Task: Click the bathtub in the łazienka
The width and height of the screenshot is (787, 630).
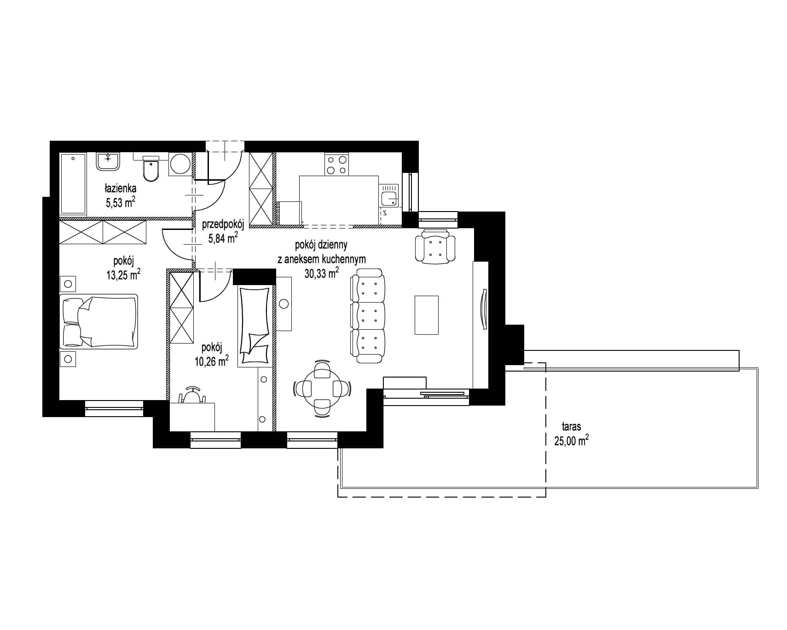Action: pyautogui.click(x=73, y=183)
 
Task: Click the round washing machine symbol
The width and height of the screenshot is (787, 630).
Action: pyautogui.click(x=180, y=164)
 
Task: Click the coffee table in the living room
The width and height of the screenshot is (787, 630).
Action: pyautogui.click(x=426, y=315)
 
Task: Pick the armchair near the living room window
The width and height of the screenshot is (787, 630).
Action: pyautogui.click(x=435, y=247)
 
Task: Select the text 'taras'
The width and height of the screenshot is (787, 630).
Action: pyautogui.click(x=571, y=426)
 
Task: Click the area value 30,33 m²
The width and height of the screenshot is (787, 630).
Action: pyautogui.click(x=322, y=273)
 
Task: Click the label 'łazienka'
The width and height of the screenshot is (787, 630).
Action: pyautogui.click(x=121, y=188)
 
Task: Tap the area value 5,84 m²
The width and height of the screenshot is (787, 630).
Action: pyautogui.click(x=223, y=237)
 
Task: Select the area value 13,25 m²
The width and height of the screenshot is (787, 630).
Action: pyautogui.click(x=123, y=275)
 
